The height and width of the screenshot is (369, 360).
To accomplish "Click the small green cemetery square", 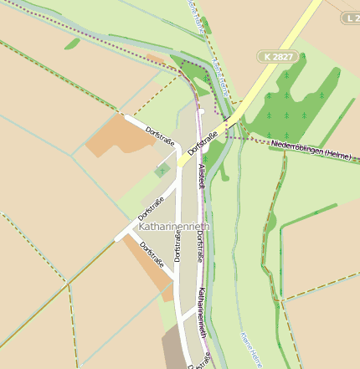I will pyautogui.click(x=162, y=171).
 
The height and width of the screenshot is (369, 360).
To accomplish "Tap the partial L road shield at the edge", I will pyautogui.click(x=352, y=18).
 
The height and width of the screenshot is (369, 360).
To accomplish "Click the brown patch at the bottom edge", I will pyautogui.click(x=175, y=348).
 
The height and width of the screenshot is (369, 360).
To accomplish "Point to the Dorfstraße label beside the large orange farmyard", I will pyautogui.click(x=159, y=134).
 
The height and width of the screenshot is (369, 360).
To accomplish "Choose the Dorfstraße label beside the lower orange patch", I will pyautogui.click(x=152, y=256).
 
